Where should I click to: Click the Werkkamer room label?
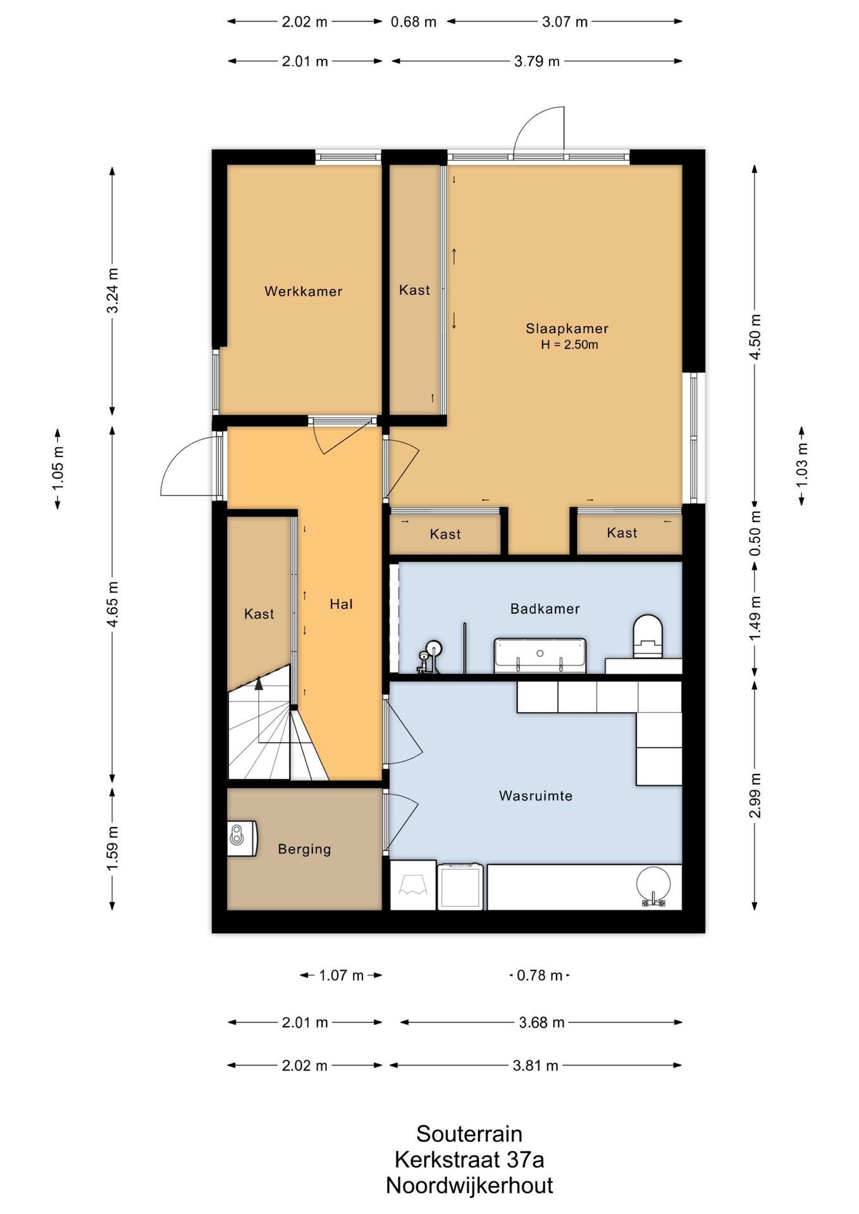(x=303, y=291)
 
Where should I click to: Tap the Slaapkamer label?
(x=567, y=328)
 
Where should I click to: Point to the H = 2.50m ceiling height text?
(x=569, y=345)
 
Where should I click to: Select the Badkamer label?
(x=545, y=609)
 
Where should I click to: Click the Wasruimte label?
(x=535, y=796)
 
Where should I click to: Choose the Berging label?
(x=304, y=849)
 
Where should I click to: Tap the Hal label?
(x=341, y=604)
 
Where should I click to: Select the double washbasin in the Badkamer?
(x=540, y=655)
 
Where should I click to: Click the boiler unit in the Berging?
(x=242, y=838)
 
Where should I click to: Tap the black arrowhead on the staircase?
(x=259, y=683)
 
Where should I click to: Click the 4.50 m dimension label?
(x=755, y=336)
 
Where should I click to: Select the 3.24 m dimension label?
(x=113, y=290)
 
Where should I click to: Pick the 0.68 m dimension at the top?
(x=413, y=22)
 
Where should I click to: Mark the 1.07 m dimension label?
(x=341, y=976)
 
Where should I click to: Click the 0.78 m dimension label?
(x=540, y=976)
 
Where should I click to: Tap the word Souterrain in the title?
(x=469, y=1134)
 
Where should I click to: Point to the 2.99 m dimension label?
(x=755, y=795)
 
